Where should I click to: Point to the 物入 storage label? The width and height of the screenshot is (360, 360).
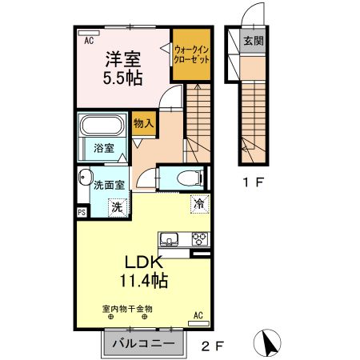point(145,125)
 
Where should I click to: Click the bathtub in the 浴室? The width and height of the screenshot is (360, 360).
point(101,126)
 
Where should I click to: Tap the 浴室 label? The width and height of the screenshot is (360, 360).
point(104,148)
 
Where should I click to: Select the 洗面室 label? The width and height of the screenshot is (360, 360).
point(109,183)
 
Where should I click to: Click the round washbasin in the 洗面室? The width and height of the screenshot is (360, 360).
point(84,179)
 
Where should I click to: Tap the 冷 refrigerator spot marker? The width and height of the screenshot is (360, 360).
point(197,204)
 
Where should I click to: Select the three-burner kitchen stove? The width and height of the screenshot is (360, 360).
point(198,238)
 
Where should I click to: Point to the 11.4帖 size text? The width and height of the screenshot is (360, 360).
point(144,282)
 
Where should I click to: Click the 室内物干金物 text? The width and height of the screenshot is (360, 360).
point(126,308)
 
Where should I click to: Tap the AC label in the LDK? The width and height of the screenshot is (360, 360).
point(199,317)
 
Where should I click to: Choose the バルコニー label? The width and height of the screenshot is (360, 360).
point(142,343)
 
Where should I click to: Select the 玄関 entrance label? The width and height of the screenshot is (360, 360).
point(254,40)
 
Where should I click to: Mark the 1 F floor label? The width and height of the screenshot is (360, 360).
point(253,182)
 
